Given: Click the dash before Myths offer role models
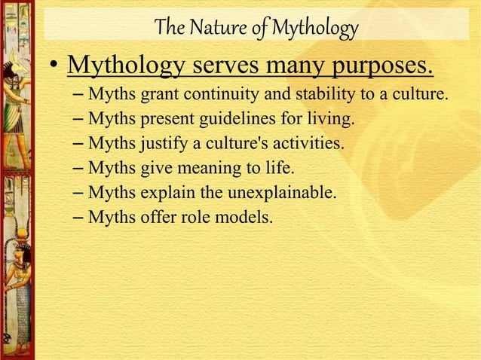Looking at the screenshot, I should coord(79,217).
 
